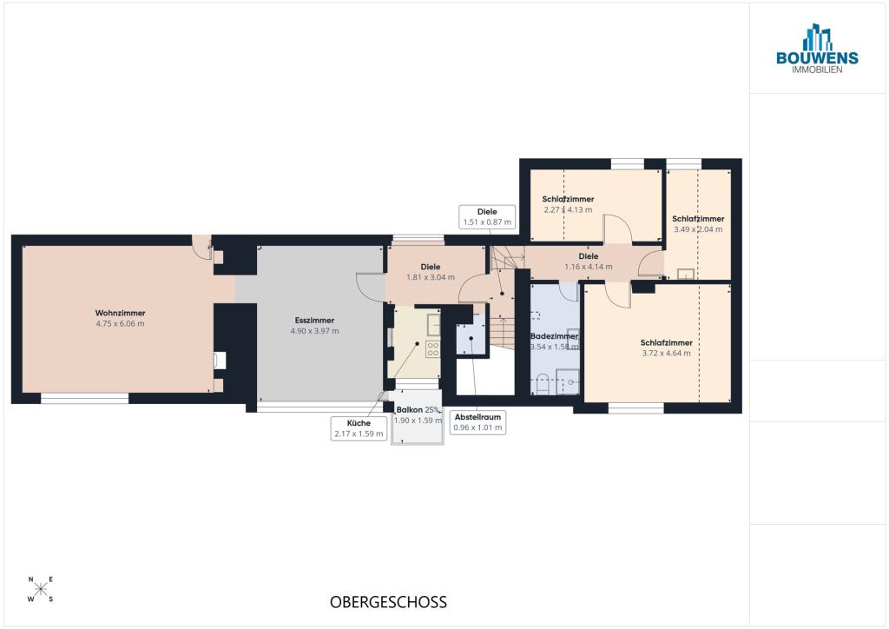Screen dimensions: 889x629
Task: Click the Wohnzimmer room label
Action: [120, 313]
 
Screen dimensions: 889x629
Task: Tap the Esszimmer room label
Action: [314, 321]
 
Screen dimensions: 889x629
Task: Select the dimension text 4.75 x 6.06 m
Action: [120, 324]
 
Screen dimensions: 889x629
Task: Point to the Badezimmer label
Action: [554, 336]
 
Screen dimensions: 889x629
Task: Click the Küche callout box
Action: [359, 428]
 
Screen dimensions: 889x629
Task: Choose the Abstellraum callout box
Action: [478, 422]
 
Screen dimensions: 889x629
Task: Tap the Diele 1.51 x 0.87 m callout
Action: [487, 217]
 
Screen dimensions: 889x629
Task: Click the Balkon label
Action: [410, 409]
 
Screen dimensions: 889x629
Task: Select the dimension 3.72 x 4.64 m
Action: [666, 353]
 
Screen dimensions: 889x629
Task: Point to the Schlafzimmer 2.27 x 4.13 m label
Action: [568, 204]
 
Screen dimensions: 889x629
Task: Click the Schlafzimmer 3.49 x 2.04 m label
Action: [698, 224]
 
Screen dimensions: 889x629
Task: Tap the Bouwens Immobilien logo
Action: [817, 49]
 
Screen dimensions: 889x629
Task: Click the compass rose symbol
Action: [41, 589]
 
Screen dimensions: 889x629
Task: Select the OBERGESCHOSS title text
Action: [388, 602]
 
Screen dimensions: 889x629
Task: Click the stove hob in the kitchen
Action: [432, 348]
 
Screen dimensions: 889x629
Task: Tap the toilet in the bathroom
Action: [543, 384]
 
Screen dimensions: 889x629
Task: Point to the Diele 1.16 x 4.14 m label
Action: [589, 262]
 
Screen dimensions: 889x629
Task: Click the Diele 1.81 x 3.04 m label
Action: [431, 272]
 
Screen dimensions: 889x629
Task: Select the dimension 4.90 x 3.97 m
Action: [314, 331]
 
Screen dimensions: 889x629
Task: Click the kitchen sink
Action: [434, 324]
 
